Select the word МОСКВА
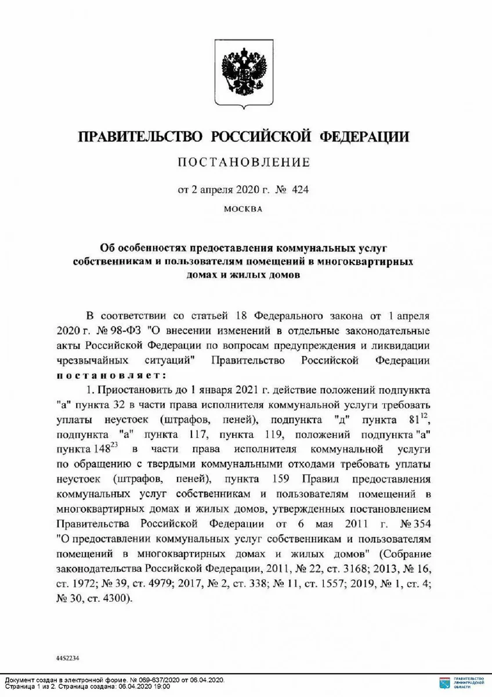(244, 209)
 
